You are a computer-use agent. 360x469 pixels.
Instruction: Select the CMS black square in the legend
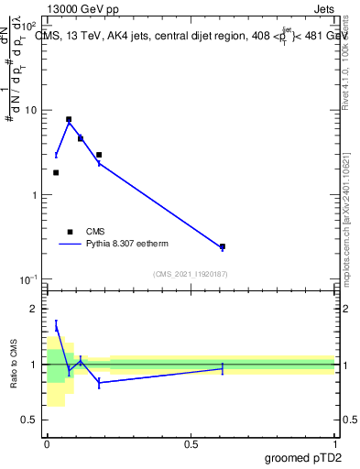pos(70,232)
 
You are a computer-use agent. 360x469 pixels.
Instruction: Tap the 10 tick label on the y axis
pos(32,111)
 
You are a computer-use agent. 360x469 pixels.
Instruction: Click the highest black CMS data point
pos(69,119)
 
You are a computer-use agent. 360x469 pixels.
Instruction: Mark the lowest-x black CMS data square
pos(56,172)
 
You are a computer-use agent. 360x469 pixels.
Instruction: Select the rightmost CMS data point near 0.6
pos(223,246)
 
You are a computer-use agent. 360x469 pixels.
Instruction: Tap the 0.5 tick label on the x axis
pos(191,443)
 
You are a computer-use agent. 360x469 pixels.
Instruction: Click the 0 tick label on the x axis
pos(47,443)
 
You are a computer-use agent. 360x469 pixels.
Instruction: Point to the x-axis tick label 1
pos(334,443)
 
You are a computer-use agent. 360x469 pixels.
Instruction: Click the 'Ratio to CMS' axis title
pos(14,365)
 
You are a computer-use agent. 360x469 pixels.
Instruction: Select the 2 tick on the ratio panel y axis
pos(37,309)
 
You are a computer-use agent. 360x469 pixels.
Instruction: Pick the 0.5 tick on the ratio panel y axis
pos(33,420)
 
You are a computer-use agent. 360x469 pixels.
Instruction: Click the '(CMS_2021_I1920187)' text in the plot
pos(191,274)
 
